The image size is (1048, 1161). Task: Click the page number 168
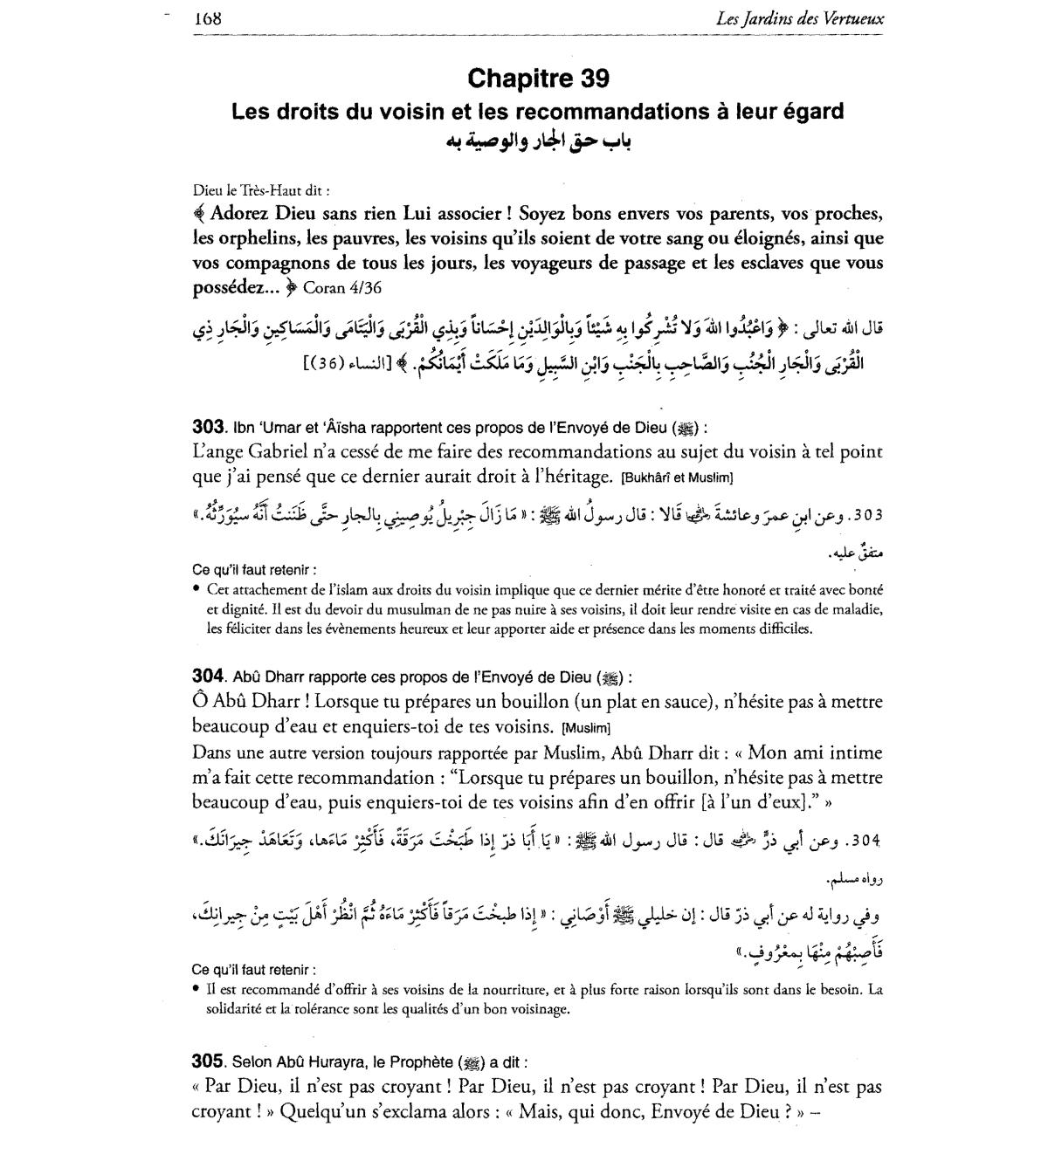tap(208, 17)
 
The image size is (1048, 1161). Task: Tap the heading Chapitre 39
tap(538, 79)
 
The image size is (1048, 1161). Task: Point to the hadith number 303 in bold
tap(208, 428)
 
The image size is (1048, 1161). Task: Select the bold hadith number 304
tap(208, 677)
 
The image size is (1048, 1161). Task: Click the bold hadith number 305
tap(208, 1061)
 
